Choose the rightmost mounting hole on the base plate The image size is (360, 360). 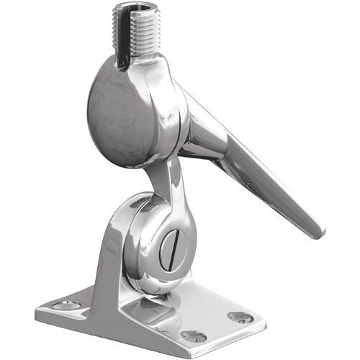[x=240, y=317]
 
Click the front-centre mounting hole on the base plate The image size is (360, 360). [x=192, y=336]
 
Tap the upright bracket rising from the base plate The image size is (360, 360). [x=115, y=252]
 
